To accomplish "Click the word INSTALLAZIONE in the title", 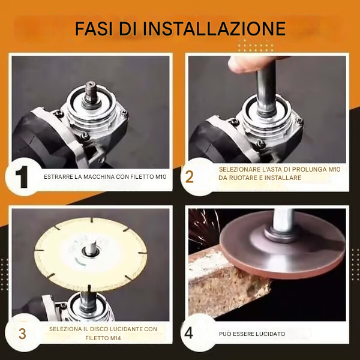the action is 214,28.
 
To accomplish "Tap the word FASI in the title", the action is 94,28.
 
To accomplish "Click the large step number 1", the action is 22,177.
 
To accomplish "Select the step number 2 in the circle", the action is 189,177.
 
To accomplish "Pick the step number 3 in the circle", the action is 22,334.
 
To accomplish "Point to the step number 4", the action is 188,333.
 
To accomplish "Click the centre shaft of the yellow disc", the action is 92,248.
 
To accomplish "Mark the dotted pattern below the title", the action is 256,46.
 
